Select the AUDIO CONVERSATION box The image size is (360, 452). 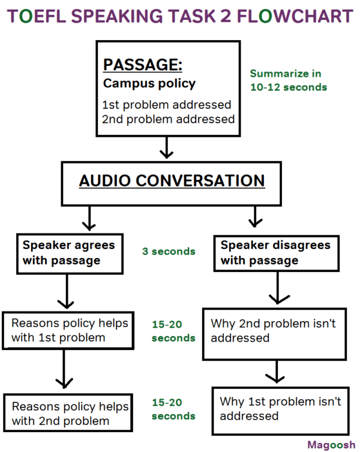(171, 181)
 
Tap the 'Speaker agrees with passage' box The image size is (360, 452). (68, 253)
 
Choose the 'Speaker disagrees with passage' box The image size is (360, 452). (276, 253)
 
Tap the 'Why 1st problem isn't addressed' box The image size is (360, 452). (280, 408)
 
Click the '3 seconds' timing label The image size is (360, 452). (169, 252)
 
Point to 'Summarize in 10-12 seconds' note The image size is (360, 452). (288, 80)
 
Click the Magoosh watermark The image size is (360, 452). (331, 445)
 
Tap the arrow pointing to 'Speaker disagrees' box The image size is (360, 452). (255, 217)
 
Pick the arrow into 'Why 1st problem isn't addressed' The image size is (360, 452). (274, 372)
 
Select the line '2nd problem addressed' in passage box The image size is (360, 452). (168, 119)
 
